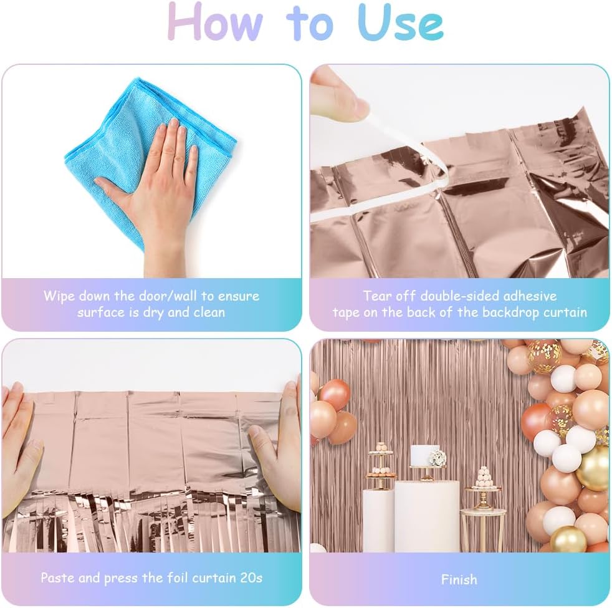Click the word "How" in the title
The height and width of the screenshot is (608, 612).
click(x=215, y=22)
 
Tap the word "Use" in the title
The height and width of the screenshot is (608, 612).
click(x=401, y=22)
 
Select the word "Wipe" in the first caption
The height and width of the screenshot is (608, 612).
click(x=59, y=296)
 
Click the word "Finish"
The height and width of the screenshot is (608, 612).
click(x=459, y=579)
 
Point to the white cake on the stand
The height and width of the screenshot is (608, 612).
click(x=424, y=455)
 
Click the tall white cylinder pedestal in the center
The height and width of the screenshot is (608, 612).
click(x=427, y=516)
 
